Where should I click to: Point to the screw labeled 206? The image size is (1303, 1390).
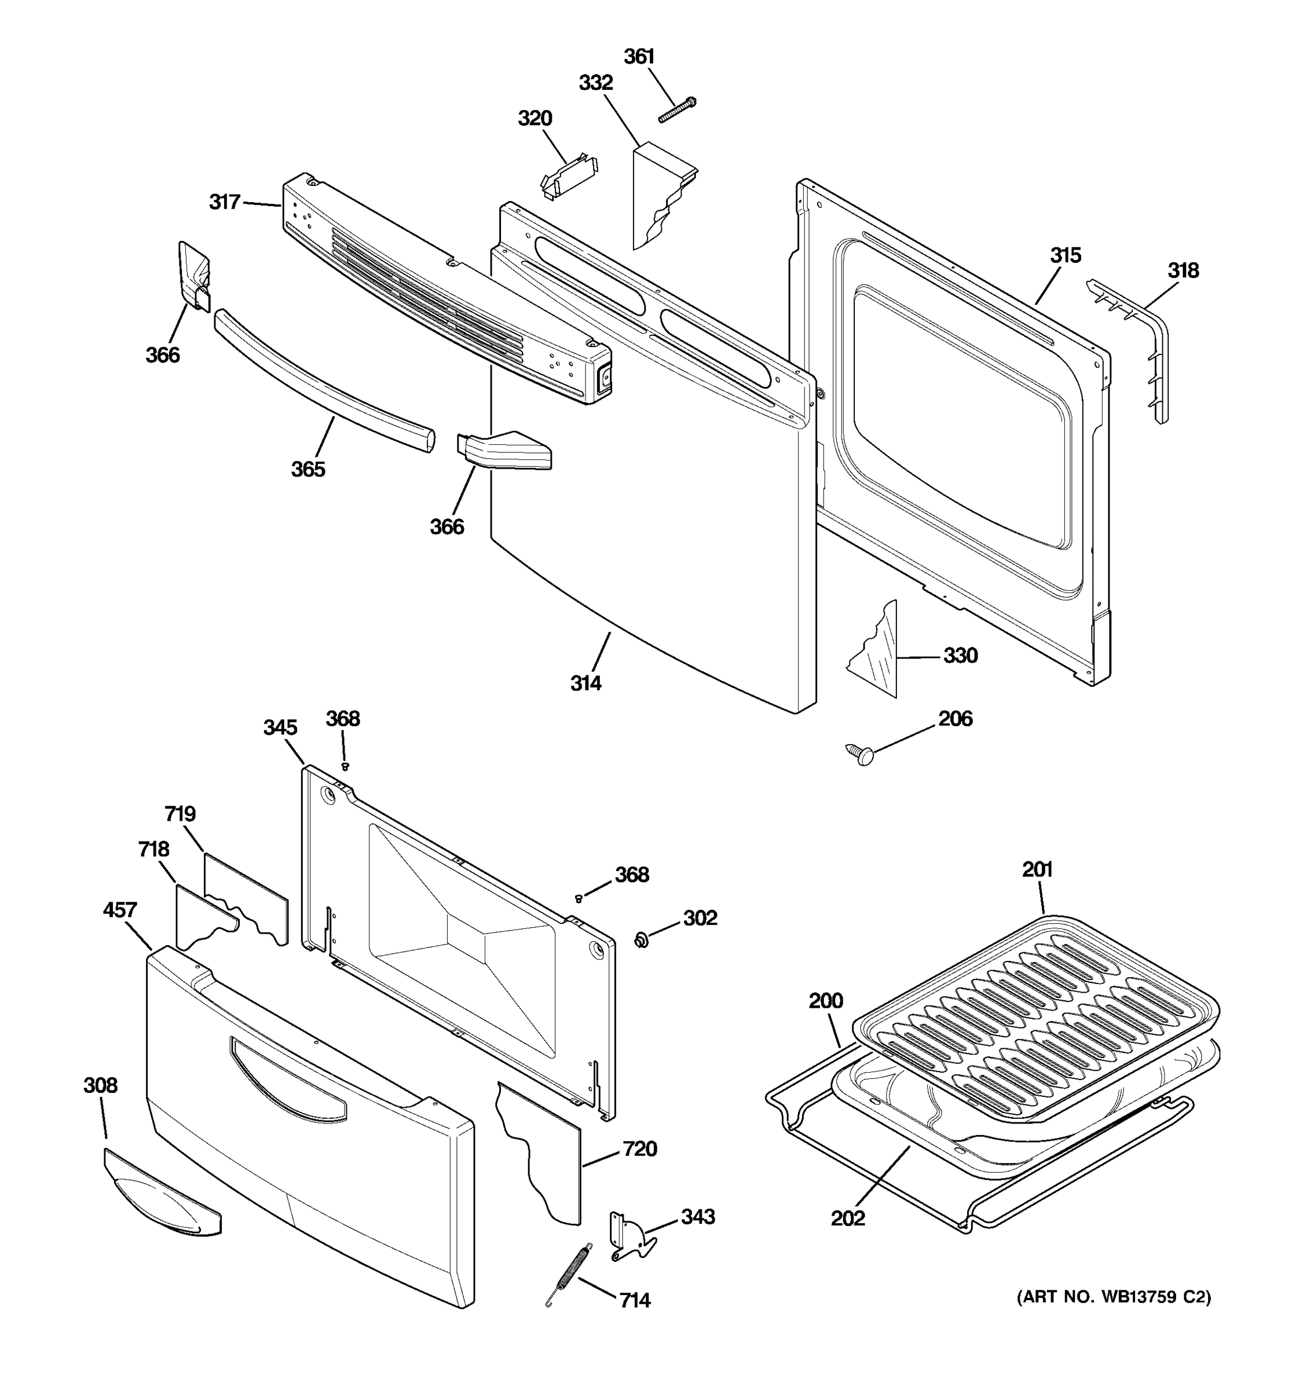861,753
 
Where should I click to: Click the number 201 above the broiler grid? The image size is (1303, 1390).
1037,869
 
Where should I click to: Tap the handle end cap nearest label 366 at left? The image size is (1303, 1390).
193,276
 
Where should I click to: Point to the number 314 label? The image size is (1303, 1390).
585,683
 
